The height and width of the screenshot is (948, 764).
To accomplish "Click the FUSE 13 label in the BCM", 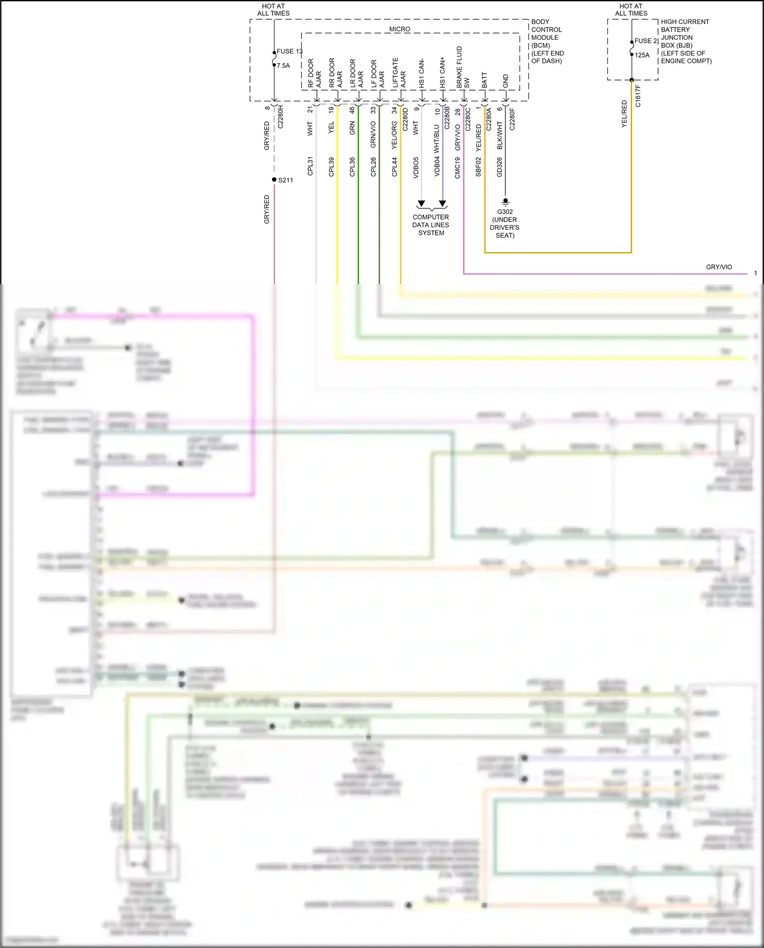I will coord(289,51).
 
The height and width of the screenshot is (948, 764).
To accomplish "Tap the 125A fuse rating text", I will coord(642,55).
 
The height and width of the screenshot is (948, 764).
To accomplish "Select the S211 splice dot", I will coord(274,179).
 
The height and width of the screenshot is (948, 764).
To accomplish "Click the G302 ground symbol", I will coord(505,202).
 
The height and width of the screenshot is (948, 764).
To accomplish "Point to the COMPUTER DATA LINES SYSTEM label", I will coord(431,225).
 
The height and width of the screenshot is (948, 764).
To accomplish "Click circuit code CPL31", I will coord(310,166).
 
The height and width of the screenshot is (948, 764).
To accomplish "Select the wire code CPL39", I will coord(331,167).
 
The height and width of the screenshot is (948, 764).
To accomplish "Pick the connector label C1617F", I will coord(638,96).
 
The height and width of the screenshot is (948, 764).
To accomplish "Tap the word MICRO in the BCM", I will coord(399,29).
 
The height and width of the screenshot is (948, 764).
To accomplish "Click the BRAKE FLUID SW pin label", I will coord(462,67).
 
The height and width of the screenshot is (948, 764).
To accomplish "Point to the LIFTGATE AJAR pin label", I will coord(399,73).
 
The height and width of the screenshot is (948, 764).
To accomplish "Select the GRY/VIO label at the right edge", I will coord(719,267).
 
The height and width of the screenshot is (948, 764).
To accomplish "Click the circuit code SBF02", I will coord(478,167).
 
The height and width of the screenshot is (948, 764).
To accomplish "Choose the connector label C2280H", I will coord(280,117).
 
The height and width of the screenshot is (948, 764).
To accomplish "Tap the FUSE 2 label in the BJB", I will coord(646,41).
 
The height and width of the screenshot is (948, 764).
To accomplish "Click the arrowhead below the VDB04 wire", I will coord(443,204).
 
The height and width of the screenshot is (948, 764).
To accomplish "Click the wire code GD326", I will coord(499,167).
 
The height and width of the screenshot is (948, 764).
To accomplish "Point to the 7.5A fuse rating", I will coord(283,65).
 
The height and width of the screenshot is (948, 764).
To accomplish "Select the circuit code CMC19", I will coord(457,168).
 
